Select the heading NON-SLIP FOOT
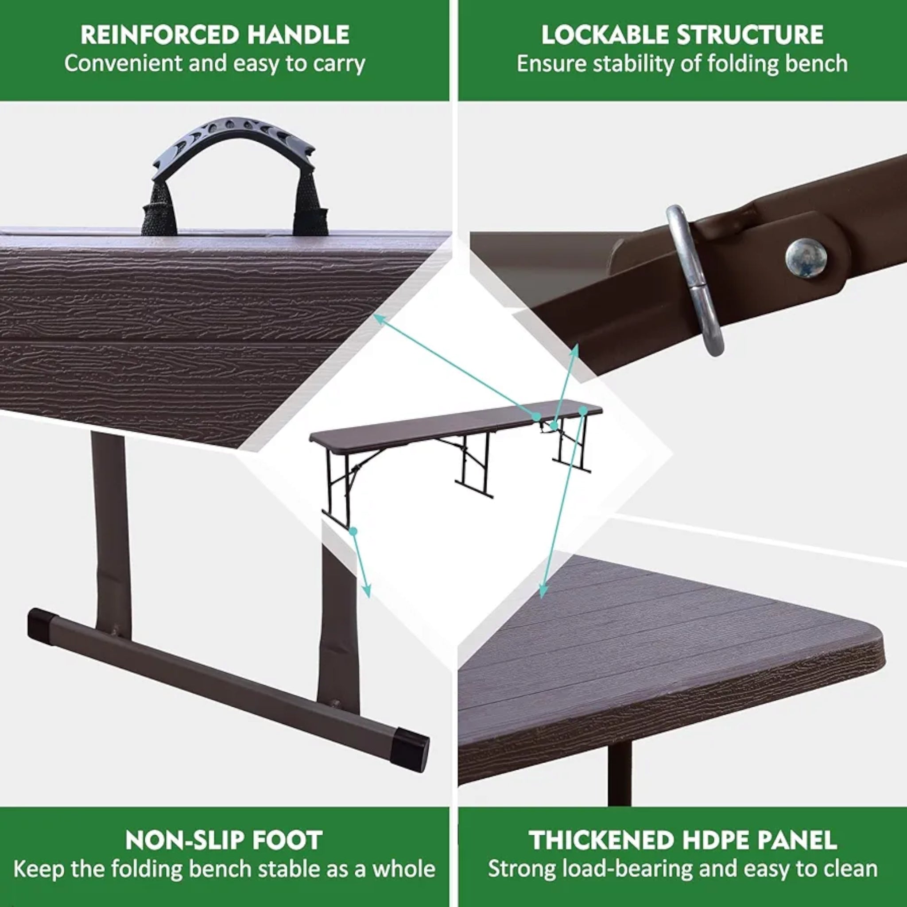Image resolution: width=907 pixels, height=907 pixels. tap(224, 840)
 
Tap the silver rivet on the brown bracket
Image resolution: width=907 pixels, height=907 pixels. tap(806, 257)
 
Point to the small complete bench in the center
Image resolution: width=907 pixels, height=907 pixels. tap(455, 446)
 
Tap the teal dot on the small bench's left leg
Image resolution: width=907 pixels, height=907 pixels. tap(353, 531)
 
